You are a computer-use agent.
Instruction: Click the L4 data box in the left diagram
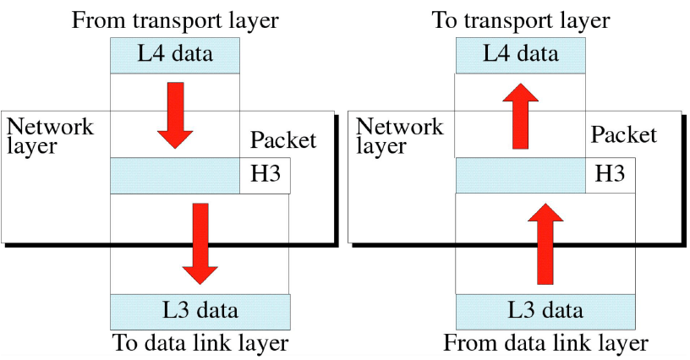point(175,56)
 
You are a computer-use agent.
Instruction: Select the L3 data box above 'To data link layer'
point(200,311)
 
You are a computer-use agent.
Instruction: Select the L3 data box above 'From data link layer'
point(545,311)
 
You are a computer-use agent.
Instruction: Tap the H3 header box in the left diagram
point(265,176)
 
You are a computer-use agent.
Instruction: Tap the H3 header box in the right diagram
point(610,175)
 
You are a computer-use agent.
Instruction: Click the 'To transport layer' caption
point(521,20)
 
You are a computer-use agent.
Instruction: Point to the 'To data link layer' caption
point(200,343)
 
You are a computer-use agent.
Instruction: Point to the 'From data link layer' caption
point(545,343)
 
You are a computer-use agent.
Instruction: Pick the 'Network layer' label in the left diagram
point(50,136)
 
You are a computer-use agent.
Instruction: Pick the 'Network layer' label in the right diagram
point(399,136)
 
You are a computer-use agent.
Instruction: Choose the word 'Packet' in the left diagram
point(283,140)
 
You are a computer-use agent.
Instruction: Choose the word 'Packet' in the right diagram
point(623,135)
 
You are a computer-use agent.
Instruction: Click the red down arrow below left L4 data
point(175,115)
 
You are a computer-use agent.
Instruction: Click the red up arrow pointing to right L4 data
point(520,116)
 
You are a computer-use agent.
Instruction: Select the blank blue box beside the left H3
point(175,176)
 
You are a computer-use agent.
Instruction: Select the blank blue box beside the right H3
point(520,175)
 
